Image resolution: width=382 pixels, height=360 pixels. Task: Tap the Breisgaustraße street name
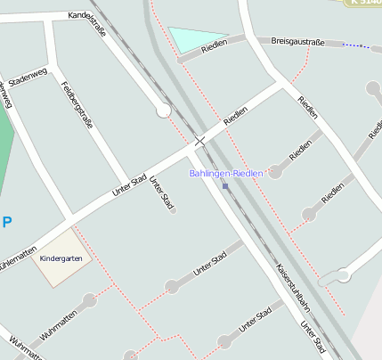click(x=298, y=41)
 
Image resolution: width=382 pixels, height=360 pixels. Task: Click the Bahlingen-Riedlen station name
click(x=226, y=173)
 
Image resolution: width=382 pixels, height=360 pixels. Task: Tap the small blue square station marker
click(x=225, y=186)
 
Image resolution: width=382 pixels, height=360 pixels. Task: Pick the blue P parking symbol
click(x=7, y=222)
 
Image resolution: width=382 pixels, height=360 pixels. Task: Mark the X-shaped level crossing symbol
click(x=200, y=141)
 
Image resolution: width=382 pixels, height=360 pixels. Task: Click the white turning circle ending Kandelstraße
click(x=163, y=110)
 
